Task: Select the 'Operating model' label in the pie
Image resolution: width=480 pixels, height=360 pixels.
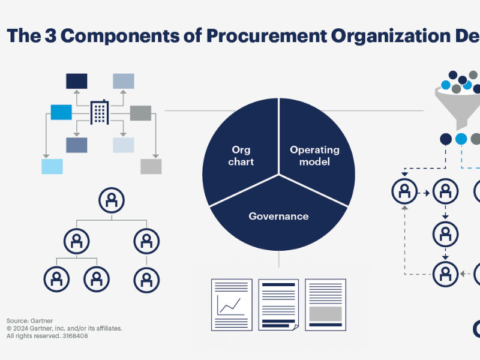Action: [x=314, y=156]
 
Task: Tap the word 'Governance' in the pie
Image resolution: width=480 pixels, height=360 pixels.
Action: [x=278, y=216]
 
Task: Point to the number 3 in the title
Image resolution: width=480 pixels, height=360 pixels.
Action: [x=50, y=35]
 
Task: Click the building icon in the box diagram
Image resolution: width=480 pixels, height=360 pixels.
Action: [x=99, y=112]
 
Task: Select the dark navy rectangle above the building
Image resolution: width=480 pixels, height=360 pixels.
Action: [x=76, y=81]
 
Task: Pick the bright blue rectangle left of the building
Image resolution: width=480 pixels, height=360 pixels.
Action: [x=61, y=112]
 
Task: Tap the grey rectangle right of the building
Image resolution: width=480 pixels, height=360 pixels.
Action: [x=140, y=112]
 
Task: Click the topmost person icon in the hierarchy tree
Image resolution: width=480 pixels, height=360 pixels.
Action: [x=112, y=200]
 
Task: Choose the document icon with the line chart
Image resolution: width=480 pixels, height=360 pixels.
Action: [x=231, y=304]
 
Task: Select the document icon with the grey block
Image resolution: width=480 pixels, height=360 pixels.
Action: [x=325, y=304]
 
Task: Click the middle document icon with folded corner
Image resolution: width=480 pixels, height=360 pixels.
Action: [x=278, y=304]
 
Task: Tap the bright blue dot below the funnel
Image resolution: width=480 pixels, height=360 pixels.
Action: [x=461, y=139]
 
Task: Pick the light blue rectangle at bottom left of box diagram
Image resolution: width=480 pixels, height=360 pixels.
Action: [x=52, y=166]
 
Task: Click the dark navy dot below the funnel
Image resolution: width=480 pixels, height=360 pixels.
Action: [x=446, y=139]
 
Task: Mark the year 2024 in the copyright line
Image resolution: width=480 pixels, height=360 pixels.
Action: [x=22, y=329]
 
